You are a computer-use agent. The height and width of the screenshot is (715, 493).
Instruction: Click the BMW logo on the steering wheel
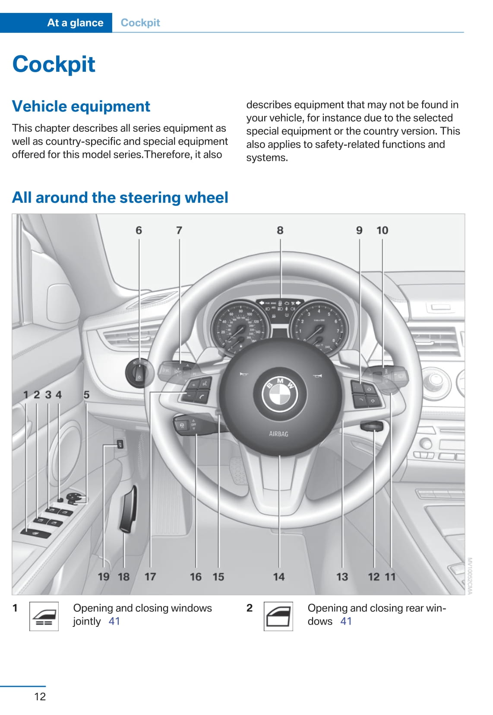pyautogui.click(x=280, y=393)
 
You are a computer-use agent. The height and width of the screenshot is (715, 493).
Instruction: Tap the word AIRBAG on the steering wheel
pyautogui.click(x=278, y=434)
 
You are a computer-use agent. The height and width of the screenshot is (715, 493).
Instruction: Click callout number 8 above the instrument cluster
pyautogui.click(x=280, y=230)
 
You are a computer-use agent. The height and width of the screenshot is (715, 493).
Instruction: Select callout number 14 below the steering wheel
pyautogui.click(x=279, y=577)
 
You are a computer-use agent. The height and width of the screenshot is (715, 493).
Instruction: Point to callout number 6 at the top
pyautogui.click(x=139, y=230)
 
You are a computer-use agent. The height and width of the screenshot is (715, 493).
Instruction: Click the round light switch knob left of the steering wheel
pyautogui.click(x=139, y=372)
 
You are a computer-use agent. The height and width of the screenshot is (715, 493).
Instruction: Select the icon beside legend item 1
pyautogui.click(x=44, y=616)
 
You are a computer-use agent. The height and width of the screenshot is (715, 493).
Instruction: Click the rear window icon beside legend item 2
pyautogui.click(x=278, y=616)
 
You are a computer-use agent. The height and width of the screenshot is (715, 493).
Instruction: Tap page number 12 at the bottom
pyautogui.click(x=40, y=696)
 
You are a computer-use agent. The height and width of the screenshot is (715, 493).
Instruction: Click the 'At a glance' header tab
pyautogui.click(x=75, y=22)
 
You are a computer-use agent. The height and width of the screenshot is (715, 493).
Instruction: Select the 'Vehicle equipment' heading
pyautogui.click(x=81, y=106)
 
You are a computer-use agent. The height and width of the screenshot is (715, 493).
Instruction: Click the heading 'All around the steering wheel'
pyautogui.click(x=120, y=198)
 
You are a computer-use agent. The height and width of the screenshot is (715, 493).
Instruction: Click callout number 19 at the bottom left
pyautogui.click(x=104, y=577)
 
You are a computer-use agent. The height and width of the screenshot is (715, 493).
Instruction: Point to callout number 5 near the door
pyautogui.click(x=86, y=395)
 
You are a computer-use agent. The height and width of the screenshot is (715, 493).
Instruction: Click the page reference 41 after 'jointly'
pyautogui.click(x=114, y=621)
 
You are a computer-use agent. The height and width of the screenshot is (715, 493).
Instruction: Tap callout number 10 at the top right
pyautogui.click(x=382, y=230)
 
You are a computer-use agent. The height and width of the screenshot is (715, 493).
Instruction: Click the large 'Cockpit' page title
pyautogui.click(x=54, y=64)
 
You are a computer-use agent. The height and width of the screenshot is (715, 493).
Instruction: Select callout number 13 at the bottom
pyautogui.click(x=342, y=577)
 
